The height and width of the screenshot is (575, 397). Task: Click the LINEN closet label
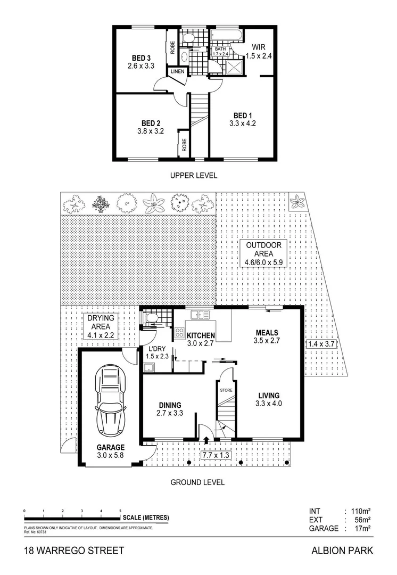click(x=177, y=71)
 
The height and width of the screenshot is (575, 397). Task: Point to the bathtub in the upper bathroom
click(x=227, y=36)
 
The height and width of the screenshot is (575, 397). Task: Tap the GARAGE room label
click(x=110, y=447)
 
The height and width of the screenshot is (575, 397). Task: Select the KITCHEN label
click(x=200, y=335)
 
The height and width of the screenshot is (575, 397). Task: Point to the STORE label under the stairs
click(x=226, y=390)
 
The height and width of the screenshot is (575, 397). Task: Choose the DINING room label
click(x=170, y=405)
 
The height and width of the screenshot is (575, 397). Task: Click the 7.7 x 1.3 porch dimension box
click(x=216, y=455)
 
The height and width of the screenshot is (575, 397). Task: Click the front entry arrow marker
click(x=206, y=440)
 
